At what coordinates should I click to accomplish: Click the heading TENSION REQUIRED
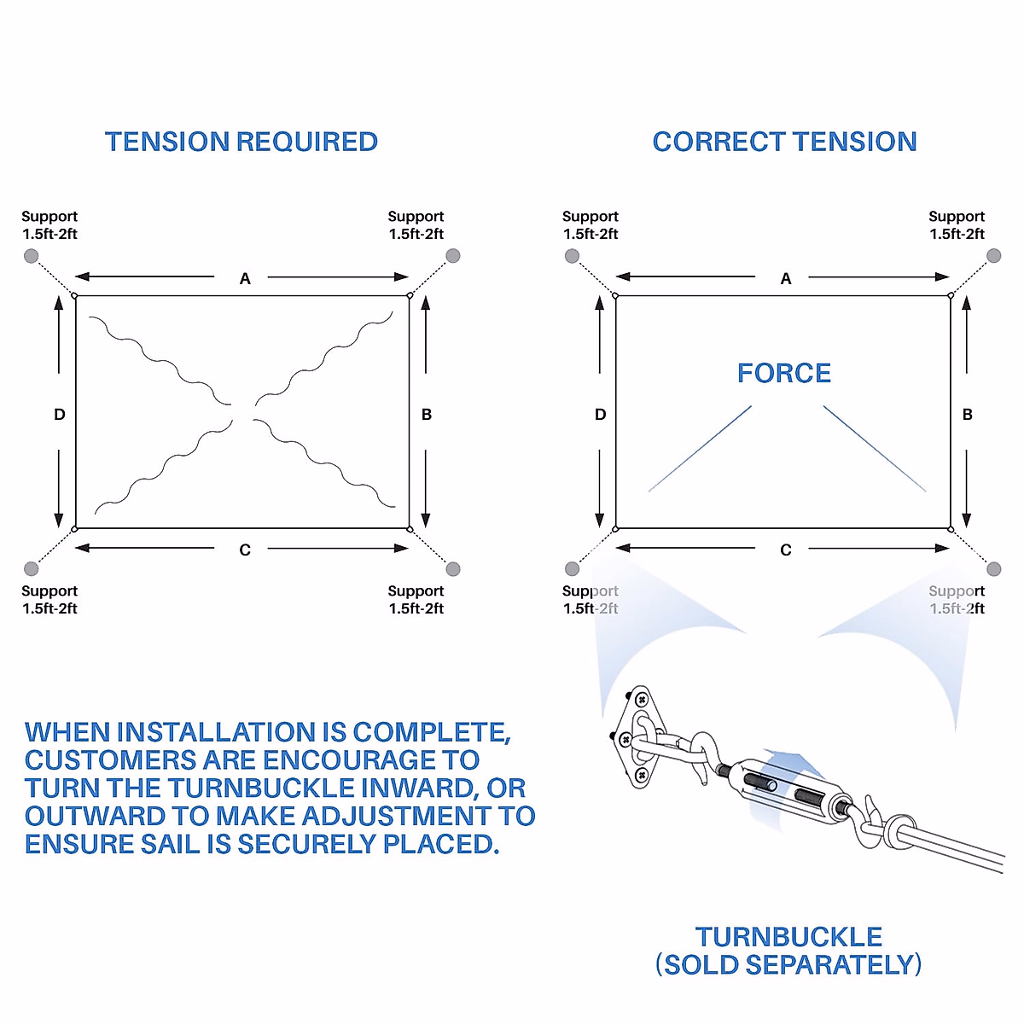(x=241, y=142)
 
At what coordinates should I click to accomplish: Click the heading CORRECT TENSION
(x=784, y=142)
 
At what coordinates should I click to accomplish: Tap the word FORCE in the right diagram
(x=783, y=373)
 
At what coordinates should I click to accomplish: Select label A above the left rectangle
(x=245, y=278)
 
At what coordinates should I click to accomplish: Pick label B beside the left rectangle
(x=427, y=415)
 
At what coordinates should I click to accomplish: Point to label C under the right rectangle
(x=786, y=550)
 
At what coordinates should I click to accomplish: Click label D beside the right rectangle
(x=600, y=415)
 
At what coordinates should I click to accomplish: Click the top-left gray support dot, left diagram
(x=31, y=256)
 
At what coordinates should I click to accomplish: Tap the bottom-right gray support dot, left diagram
(x=453, y=569)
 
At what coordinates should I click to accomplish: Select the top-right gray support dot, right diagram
(x=993, y=256)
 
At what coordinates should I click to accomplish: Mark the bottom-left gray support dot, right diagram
(x=572, y=569)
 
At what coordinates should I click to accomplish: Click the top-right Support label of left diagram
(x=416, y=225)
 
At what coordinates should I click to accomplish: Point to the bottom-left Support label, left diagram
(x=49, y=599)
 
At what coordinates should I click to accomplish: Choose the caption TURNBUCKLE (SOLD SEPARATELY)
(x=788, y=951)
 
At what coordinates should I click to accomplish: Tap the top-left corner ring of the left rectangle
(x=75, y=296)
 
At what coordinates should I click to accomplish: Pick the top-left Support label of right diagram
(x=591, y=225)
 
